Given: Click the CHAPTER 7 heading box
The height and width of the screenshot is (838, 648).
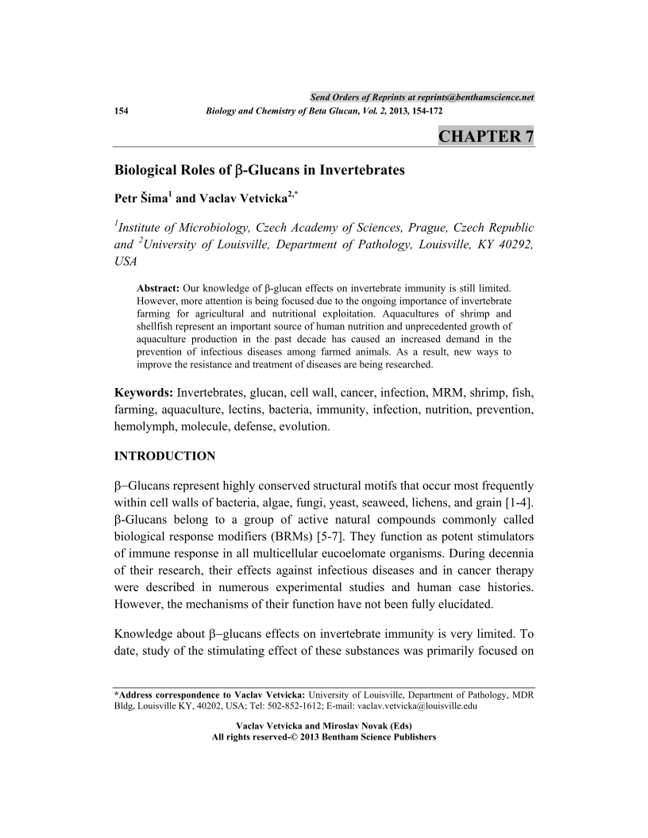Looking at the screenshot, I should coord(485,136).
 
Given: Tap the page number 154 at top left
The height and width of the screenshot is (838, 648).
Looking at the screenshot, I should coord(123,112).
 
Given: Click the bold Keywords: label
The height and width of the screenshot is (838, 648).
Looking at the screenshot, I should coord(144,393).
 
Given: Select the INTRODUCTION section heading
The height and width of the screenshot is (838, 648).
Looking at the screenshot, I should coord(165,456).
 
